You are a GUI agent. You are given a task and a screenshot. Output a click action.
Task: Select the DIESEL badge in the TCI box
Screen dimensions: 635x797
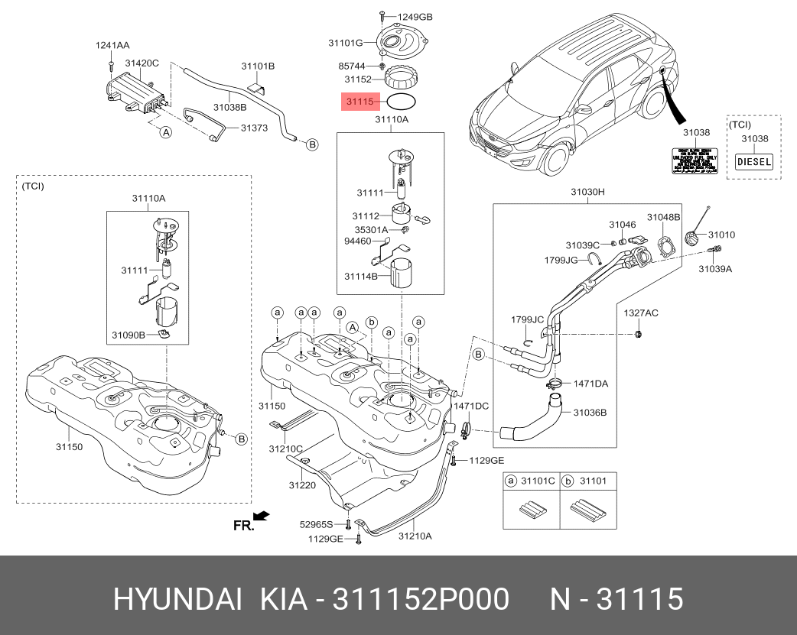point(753,162)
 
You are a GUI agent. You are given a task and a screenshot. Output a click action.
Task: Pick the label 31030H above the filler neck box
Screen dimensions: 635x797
point(587,193)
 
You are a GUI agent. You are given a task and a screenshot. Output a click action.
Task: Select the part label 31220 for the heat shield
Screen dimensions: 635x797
point(301,485)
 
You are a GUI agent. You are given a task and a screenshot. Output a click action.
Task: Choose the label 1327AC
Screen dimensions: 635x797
point(640,314)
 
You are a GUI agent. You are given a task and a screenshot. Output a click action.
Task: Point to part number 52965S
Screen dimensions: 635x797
point(317,525)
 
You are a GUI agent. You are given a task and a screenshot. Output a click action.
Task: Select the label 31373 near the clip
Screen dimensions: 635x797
point(254,128)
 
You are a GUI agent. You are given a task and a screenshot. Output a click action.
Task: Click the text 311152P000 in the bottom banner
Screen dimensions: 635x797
point(420,600)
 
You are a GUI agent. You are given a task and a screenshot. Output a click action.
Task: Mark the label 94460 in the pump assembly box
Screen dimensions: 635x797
point(357,241)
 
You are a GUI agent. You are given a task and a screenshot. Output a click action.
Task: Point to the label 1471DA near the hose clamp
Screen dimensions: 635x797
point(590,384)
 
